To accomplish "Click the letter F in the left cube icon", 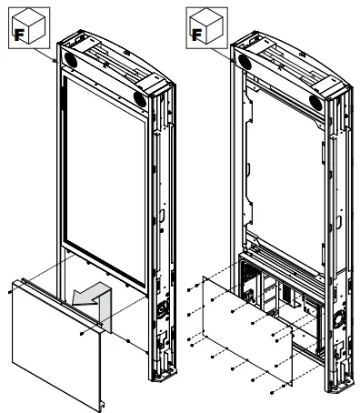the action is [19, 35].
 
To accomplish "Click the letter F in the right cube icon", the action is [196, 35].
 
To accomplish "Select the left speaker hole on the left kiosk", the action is [71, 60].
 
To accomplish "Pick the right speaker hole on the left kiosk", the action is [140, 99].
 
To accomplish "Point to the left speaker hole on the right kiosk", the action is [245, 62].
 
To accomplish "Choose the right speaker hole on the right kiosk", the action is [315, 103].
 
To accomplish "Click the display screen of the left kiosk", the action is [105, 180].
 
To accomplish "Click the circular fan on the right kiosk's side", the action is [337, 319].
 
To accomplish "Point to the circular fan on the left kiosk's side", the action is [162, 307].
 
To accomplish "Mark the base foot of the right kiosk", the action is [340, 386].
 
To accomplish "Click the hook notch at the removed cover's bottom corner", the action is [103, 404].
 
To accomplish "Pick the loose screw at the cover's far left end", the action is [10, 292].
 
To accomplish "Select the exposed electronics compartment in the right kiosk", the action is [280, 293].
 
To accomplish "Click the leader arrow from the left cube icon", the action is [45, 55].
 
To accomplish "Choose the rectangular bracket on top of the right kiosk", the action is [329, 85].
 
